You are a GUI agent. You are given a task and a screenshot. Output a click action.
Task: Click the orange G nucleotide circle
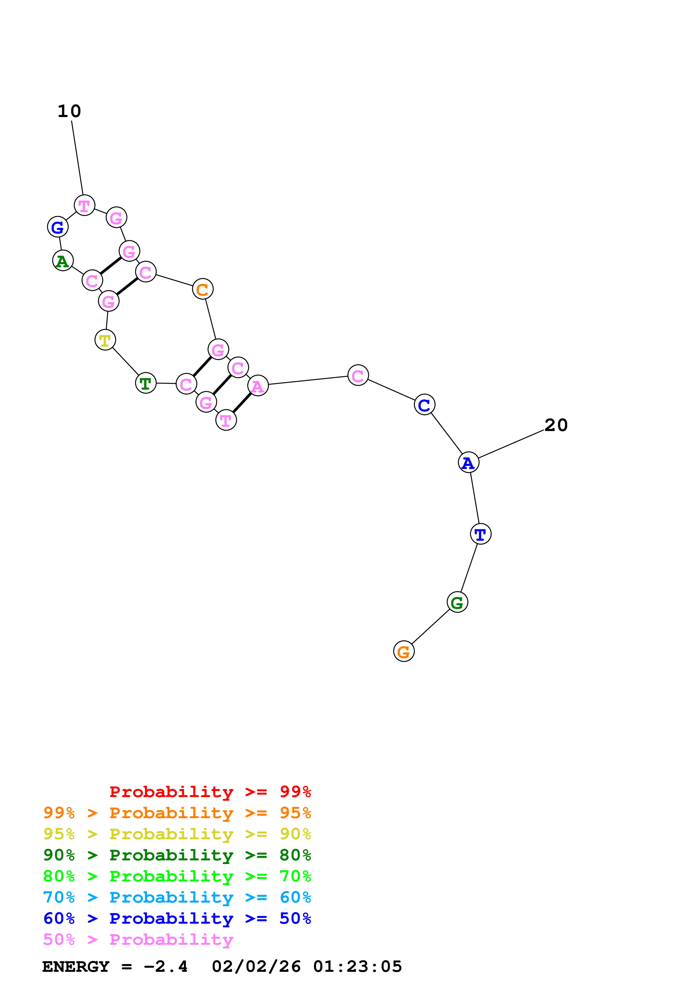(x=403, y=651)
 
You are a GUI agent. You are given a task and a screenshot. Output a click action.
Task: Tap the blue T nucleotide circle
(x=480, y=534)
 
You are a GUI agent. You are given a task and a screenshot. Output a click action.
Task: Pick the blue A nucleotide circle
(x=468, y=463)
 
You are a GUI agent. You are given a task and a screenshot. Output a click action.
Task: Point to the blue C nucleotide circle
(x=425, y=405)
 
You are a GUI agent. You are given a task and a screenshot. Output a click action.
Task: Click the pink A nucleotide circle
(x=258, y=386)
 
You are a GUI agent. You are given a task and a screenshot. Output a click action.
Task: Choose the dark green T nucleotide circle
(x=146, y=383)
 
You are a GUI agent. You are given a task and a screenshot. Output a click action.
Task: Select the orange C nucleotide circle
(x=202, y=289)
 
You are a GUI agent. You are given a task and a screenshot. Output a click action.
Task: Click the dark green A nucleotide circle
(x=63, y=261)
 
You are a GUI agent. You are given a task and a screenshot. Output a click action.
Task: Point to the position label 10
(x=69, y=111)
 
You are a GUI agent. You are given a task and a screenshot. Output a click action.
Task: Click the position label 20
(x=556, y=425)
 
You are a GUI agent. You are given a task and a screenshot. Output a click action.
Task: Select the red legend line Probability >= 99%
(x=210, y=792)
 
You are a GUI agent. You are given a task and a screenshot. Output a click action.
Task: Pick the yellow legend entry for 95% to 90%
(x=177, y=834)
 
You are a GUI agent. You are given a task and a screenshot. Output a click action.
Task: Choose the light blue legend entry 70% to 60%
(x=177, y=897)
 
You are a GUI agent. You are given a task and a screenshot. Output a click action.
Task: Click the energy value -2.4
(x=166, y=966)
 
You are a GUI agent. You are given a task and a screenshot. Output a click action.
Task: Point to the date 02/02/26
(x=256, y=966)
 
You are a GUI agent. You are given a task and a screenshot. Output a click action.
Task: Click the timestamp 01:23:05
(x=357, y=966)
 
